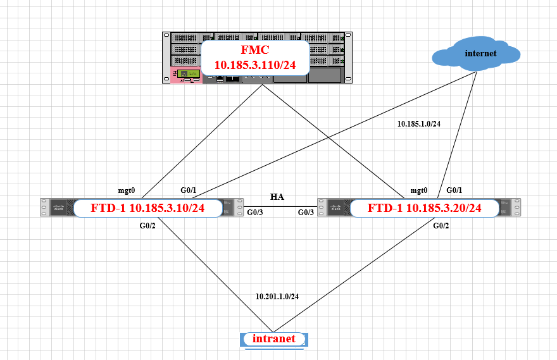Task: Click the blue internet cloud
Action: (476, 54)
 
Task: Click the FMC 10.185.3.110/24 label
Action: (254, 58)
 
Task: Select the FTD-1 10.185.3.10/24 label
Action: (148, 208)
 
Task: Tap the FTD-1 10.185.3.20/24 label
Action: (425, 208)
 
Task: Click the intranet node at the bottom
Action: (273, 339)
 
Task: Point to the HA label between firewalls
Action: (277, 197)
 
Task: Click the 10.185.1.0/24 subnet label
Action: (418, 124)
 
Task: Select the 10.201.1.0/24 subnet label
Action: (277, 296)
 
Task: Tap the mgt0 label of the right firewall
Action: (419, 190)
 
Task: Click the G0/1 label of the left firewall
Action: (190, 190)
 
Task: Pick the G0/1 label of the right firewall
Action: (455, 190)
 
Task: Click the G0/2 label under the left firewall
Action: (148, 225)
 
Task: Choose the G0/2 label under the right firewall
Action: (442, 225)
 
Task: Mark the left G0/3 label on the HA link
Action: (256, 213)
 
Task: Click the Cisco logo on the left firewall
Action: (59, 208)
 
